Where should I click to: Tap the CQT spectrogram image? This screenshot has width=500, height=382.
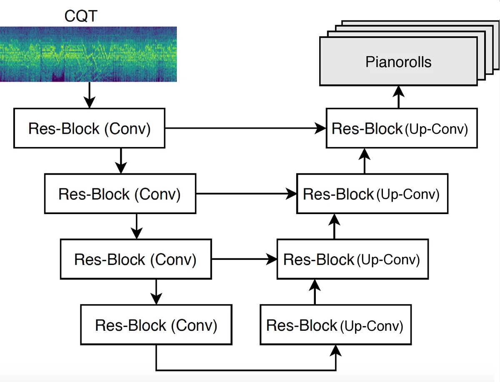point(88,54)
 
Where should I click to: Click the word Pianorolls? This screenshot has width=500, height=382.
point(398,62)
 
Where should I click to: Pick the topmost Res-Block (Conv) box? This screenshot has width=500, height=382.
point(90,128)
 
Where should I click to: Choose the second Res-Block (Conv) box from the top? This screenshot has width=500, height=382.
point(120,194)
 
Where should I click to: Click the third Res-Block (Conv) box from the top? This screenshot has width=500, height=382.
point(136,260)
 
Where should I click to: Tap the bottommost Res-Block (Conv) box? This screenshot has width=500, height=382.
point(156,325)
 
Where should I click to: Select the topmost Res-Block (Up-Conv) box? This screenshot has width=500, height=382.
point(401,129)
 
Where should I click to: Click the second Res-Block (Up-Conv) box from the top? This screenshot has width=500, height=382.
point(372,195)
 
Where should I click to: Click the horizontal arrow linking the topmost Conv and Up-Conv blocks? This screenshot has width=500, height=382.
point(245,129)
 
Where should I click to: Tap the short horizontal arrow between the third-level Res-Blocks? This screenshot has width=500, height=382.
point(245,260)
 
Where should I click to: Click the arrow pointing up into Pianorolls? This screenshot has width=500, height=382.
point(399,97)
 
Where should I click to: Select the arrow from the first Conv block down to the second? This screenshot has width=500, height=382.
point(120,161)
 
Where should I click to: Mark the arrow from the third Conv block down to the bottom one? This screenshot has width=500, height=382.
point(156,292)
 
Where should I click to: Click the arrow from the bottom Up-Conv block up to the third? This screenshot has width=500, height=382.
point(315,292)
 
